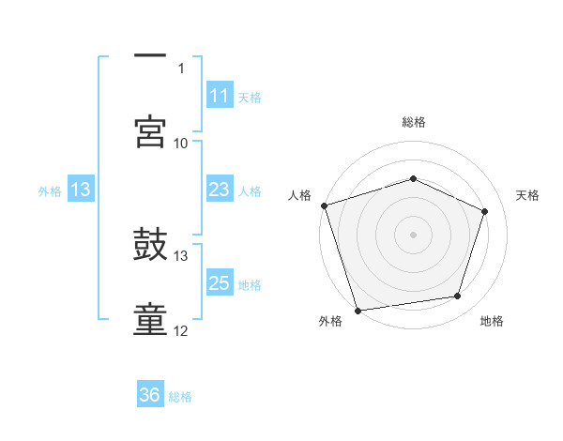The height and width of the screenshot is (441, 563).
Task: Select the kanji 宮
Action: pos(151,132)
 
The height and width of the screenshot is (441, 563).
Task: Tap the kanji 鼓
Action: pos(151,246)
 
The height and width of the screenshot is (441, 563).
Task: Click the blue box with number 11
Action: pos(220,96)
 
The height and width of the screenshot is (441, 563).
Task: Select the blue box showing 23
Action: pos(220,190)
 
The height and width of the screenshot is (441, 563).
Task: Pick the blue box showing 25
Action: pos(220,283)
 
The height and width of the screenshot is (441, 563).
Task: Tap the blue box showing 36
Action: pos(150,395)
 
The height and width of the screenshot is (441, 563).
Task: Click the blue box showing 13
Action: pos(81,190)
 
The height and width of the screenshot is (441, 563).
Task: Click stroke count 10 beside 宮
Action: pos(181,143)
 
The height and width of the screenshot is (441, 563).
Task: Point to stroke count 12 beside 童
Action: pos(181,330)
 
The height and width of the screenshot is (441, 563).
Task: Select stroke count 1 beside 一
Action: pos(181,68)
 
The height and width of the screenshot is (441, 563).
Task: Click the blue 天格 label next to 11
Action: pos(250,97)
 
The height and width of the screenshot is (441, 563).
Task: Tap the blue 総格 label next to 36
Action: pos(180,396)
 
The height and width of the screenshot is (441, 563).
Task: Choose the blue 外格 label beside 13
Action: pos(50,190)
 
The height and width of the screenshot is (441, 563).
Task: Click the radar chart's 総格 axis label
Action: pos(413,122)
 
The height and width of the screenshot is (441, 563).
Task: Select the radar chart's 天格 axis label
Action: pos(527,195)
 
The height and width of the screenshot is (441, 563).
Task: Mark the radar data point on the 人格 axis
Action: pos(324,205)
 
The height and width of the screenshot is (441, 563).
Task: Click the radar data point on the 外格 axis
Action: pos(358,310)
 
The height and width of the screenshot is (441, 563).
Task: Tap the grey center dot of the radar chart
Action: pos(413,235)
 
